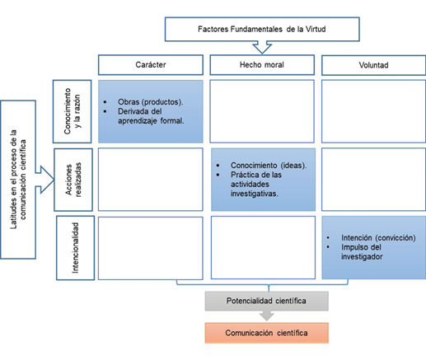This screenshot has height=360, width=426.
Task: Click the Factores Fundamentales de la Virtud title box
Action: point(263,30)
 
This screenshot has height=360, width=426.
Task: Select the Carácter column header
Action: point(151,64)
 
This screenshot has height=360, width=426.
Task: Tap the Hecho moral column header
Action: point(262,64)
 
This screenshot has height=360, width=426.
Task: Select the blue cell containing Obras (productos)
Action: point(151,110)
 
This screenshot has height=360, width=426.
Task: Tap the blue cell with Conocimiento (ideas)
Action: point(262,179)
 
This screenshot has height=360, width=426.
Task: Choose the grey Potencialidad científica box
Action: point(267,301)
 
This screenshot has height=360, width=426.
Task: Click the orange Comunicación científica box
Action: point(267,333)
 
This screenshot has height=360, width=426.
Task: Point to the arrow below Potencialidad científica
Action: point(267,316)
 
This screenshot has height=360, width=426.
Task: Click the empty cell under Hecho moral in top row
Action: point(262,110)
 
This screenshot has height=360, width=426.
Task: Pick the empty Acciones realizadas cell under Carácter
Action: point(151,179)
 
